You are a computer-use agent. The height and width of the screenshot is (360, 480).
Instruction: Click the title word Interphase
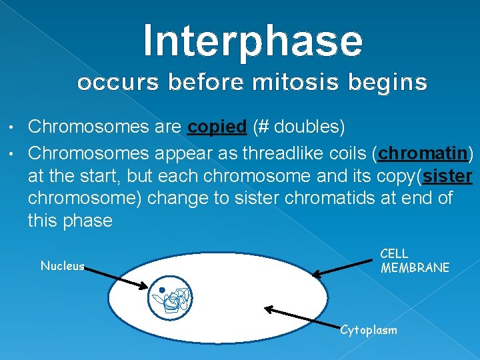click(x=253, y=42)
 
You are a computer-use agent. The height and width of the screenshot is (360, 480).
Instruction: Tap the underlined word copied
click(x=217, y=127)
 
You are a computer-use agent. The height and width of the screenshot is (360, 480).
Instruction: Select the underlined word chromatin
click(x=423, y=153)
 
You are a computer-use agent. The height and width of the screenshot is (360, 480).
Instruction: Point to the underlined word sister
click(x=447, y=176)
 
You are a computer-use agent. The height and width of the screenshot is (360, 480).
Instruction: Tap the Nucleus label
click(x=63, y=266)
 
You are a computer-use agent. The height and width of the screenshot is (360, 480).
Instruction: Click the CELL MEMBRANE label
click(x=415, y=261)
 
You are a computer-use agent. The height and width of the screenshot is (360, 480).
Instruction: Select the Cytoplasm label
click(x=369, y=330)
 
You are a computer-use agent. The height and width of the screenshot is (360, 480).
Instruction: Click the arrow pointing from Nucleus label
click(x=116, y=277)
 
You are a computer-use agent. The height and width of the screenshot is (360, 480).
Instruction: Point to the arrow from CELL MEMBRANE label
click(x=342, y=269)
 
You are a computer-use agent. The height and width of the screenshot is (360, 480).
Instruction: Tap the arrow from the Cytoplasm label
click(x=303, y=318)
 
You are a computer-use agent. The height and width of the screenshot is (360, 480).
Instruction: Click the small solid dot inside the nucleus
click(x=162, y=289)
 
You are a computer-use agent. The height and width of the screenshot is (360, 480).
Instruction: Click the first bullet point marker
click(x=11, y=127)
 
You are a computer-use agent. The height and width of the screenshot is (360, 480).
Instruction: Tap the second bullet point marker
click(x=11, y=153)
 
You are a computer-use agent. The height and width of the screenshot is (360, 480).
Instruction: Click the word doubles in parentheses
click(x=307, y=126)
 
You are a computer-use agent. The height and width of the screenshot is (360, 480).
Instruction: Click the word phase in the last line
click(x=87, y=221)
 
